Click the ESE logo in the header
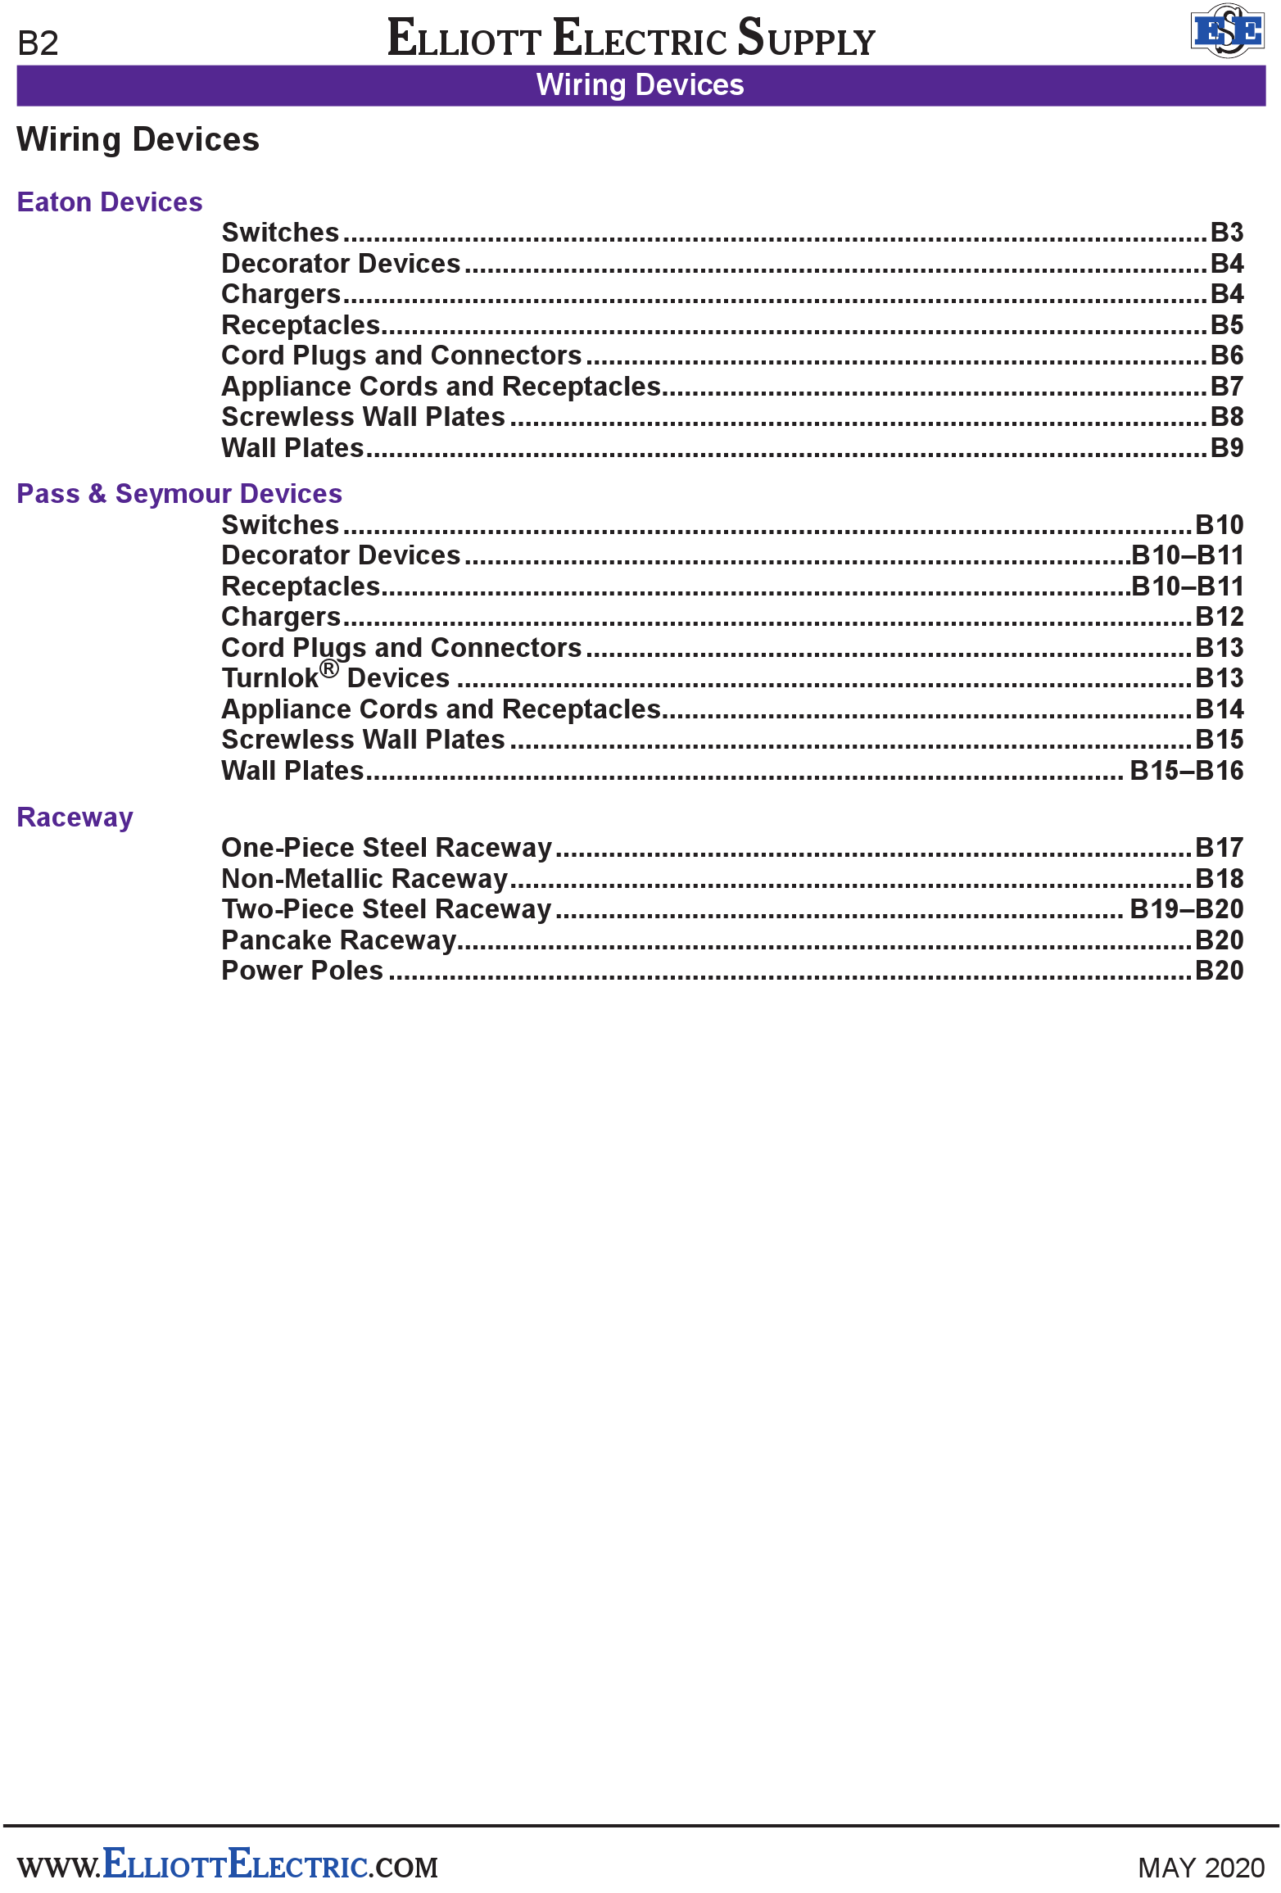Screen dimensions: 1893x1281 (1226, 31)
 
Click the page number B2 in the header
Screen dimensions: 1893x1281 (38, 43)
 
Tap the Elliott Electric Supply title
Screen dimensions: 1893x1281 (631, 38)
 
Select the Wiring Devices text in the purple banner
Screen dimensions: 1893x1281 (640, 85)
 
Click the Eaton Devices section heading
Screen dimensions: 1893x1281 (110, 202)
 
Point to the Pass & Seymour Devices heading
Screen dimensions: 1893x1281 (179, 494)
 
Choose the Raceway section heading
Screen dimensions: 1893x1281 (75, 817)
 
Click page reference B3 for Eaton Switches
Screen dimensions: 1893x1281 (1226, 233)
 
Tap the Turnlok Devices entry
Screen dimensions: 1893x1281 (336, 678)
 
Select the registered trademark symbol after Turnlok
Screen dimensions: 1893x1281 (328, 669)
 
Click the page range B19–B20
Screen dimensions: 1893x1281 (1186, 909)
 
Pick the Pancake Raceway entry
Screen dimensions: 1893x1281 (338, 940)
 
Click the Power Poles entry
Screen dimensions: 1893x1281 (302, 971)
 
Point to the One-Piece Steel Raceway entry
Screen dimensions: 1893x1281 (387, 848)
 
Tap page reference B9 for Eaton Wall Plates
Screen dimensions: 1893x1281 (1226, 448)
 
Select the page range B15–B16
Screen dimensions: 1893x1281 (1186, 771)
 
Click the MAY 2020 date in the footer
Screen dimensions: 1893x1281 (1201, 1868)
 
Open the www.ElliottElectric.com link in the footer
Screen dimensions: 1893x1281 (228, 1866)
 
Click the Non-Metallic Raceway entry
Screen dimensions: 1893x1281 (364, 879)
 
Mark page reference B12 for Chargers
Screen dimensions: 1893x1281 (1219, 617)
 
